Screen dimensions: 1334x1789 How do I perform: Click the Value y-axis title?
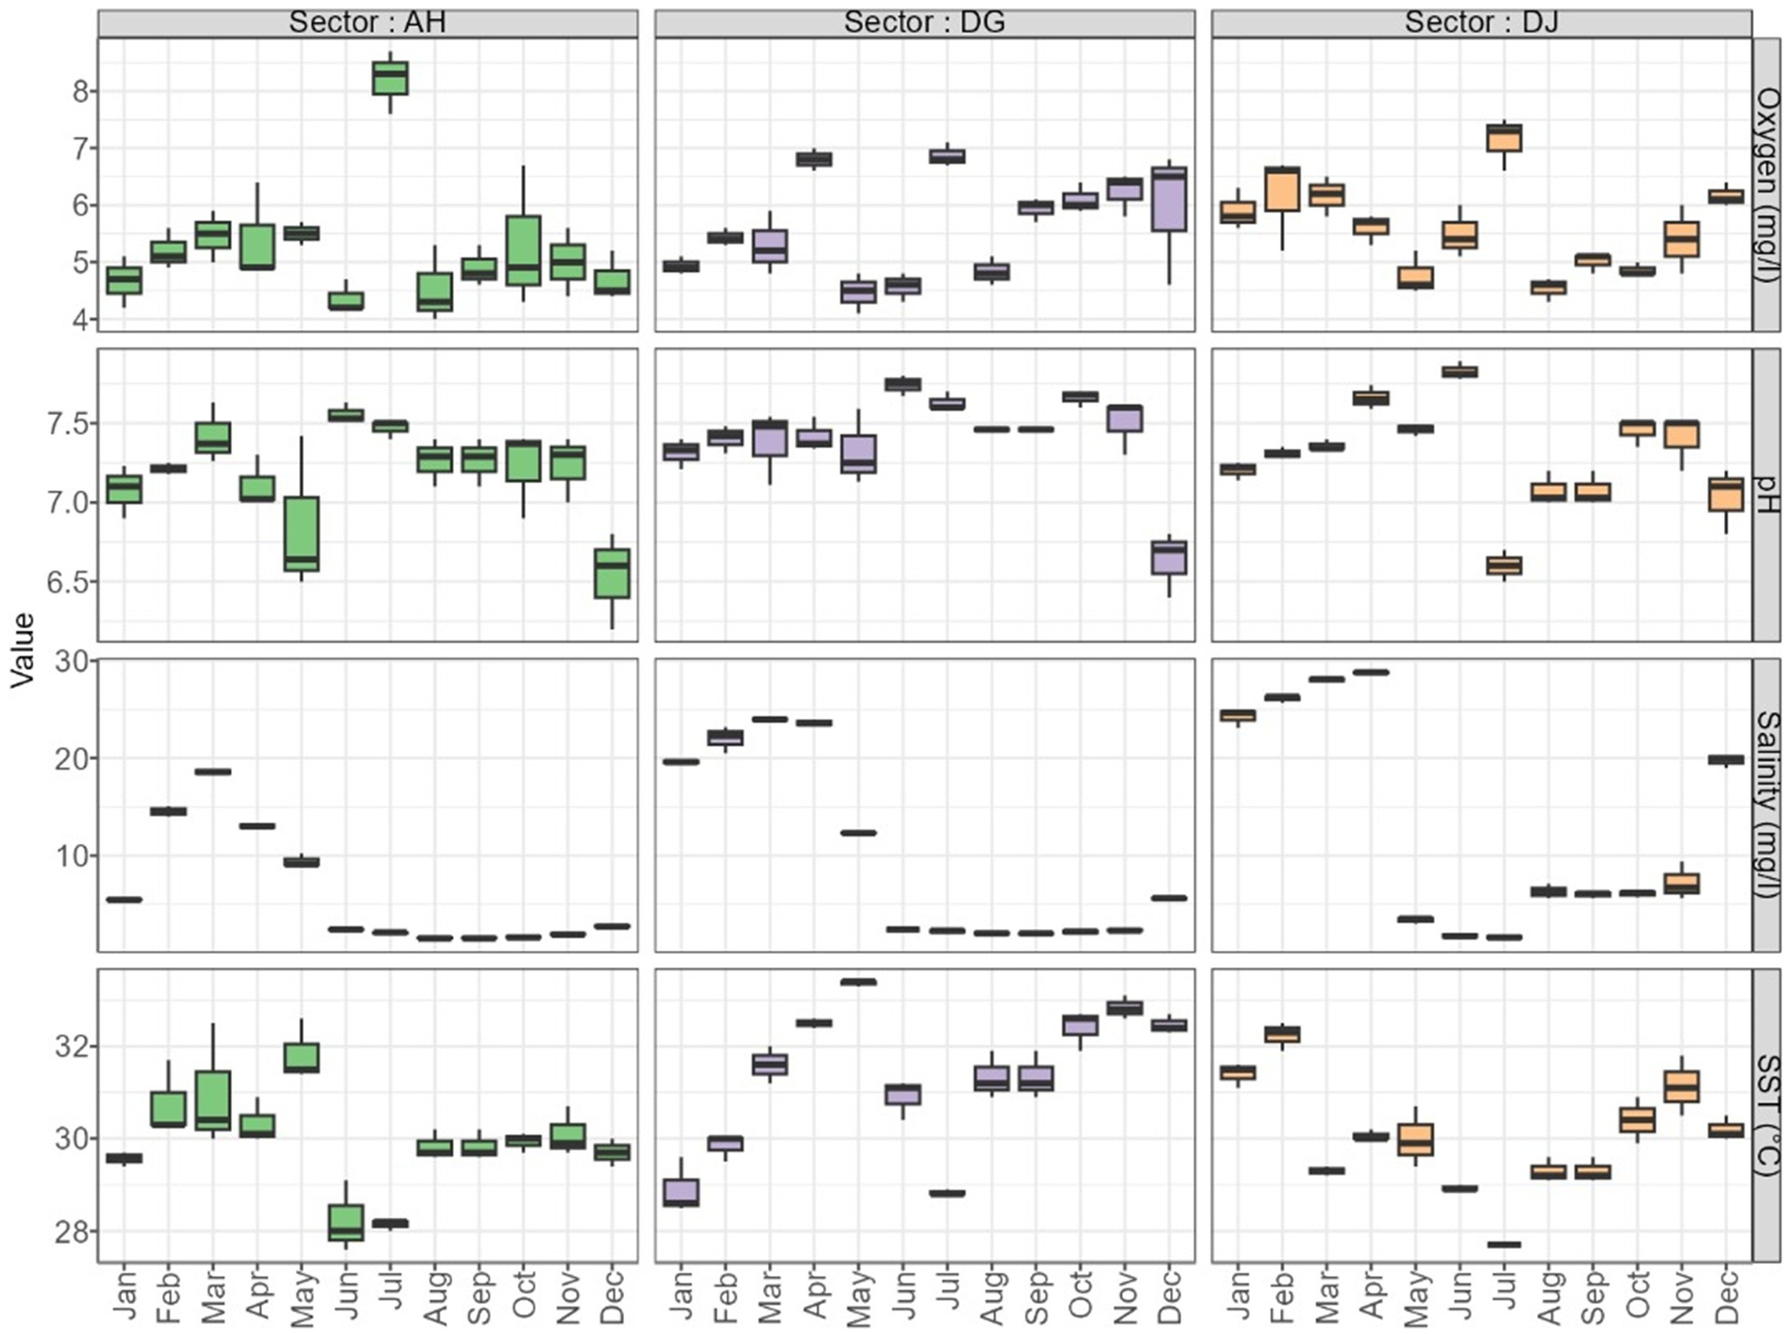point(24,650)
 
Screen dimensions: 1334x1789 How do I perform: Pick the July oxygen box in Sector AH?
point(390,77)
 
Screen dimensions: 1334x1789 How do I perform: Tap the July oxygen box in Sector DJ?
point(1505,138)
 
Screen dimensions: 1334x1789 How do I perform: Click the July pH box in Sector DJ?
point(1505,565)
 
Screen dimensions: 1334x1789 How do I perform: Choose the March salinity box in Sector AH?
point(213,771)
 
